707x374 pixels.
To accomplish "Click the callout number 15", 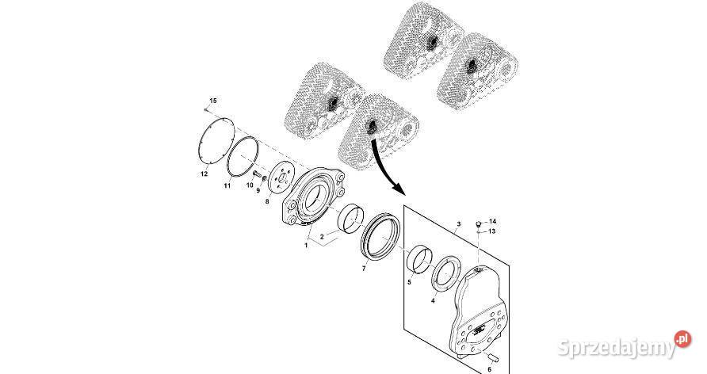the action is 213,101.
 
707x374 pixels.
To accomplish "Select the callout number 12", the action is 204,174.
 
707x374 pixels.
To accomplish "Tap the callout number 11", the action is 227,185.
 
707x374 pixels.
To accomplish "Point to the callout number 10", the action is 250,185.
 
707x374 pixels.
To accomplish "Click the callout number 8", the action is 267,201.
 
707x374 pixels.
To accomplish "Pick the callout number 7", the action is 365,269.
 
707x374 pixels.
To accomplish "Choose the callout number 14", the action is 492,221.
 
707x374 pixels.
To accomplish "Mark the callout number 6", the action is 490,369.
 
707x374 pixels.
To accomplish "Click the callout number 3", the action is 459,223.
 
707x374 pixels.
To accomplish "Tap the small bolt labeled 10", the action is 258,174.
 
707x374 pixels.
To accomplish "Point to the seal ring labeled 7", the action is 380,236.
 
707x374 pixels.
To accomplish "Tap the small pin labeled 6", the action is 492,357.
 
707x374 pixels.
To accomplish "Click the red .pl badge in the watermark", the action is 682,339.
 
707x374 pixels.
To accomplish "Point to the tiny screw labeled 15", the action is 206,109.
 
